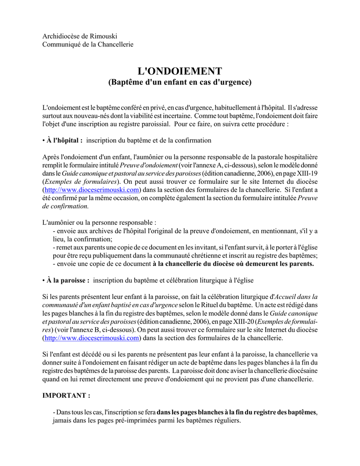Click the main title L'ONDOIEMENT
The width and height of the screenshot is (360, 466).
click(180, 71)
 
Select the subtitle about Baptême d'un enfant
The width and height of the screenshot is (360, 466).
click(180, 83)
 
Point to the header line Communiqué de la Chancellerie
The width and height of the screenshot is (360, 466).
click(88, 44)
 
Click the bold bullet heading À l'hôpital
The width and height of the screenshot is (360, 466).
click(64, 140)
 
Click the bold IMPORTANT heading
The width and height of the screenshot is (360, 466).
click(66, 395)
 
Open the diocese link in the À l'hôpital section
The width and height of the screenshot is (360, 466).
click(91, 189)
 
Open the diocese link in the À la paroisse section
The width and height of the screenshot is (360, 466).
click(91, 338)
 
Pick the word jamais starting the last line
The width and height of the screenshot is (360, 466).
click(63, 420)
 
